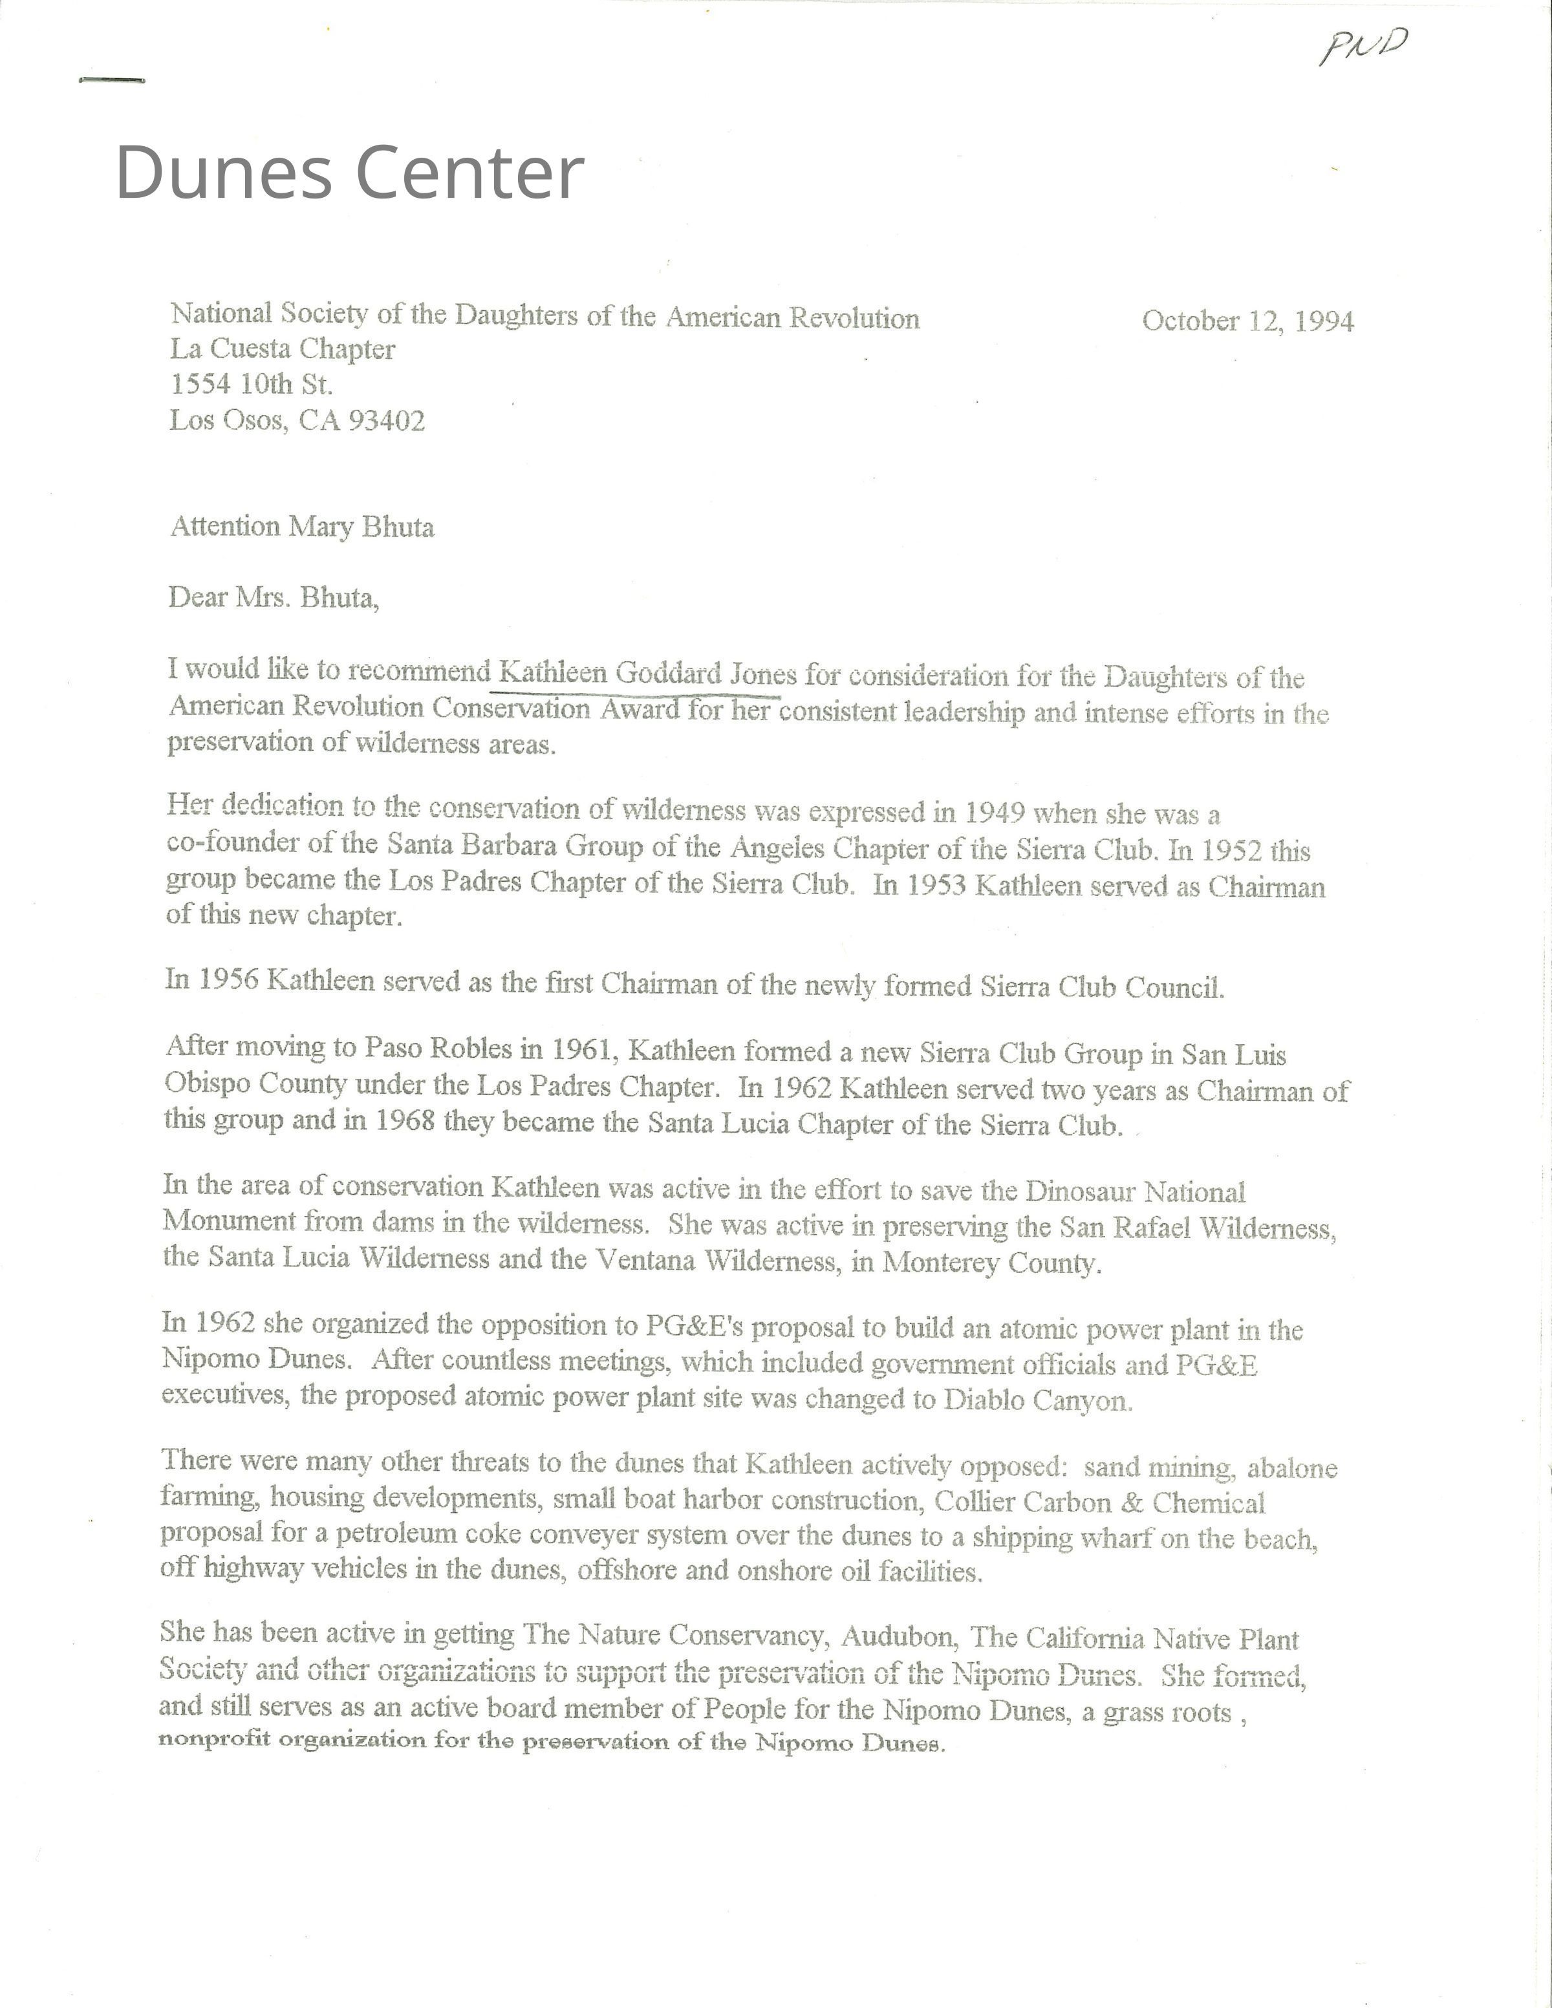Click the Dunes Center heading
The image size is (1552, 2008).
(x=349, y=172)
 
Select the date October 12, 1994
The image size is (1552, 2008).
(x=1247, y=321)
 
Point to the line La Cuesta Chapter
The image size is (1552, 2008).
(x=282, y=349)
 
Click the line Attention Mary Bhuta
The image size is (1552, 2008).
(x=301, y=527)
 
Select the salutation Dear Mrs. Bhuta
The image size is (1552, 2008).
(x=273, y=599)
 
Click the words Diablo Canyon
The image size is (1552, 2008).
(x=1038, y=1400)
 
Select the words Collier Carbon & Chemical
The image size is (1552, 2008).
(x=1099, y=1502)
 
